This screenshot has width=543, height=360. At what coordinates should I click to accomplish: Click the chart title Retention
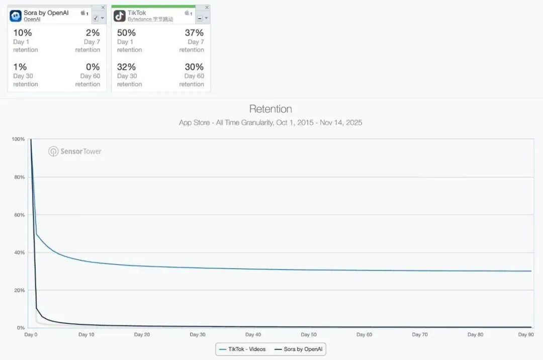pyautogui.click(x=270, y=109)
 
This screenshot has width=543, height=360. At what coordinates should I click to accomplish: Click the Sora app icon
pyautogui.click(x=16, y=16)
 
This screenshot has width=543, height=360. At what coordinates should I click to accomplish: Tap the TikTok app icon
pyautogui.click(x=119, y=16)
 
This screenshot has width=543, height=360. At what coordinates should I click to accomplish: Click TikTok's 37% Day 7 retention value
pyautogui.click(x=194, y=33)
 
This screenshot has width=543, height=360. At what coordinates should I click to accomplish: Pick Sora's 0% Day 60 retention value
pyautogui.click(x=93, y=67)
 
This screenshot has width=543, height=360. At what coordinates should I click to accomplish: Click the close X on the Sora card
pyautogui.click(x=103, y=8)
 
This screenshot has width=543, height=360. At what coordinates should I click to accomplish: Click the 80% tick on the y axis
pyautogui.click(x=19, y=177)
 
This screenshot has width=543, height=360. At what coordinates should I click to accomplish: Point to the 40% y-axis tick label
pyautogui.click(x=19, y=252)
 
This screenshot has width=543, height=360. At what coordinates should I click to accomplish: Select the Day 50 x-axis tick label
pyautogui.click(x=309, y=334)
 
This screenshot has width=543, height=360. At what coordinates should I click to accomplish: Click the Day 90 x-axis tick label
pyautogui.click(x=526, y=334)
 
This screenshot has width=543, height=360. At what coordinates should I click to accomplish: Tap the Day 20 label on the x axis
pyautogui.click(x=142, y=334)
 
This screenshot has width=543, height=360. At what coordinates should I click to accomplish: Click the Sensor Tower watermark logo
pyautogui.click(x=75, y=151)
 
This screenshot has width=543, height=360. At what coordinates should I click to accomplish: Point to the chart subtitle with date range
pyautogui.click(x=270, y=123)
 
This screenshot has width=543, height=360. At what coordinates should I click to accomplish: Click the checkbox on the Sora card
pyautogui.click(x=96, y=18)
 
